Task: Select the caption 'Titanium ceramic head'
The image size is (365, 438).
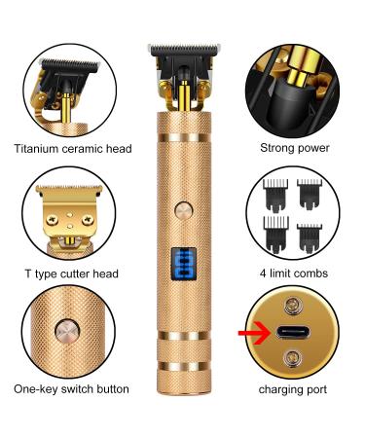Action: click(x=73, y=149)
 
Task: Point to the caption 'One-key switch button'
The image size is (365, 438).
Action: click(x=73, y=389)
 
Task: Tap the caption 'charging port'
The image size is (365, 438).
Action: click(x=292, y=389)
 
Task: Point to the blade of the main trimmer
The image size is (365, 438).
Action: click(x=183, y=48)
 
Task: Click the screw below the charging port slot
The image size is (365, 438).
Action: click(x=289, y=358)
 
